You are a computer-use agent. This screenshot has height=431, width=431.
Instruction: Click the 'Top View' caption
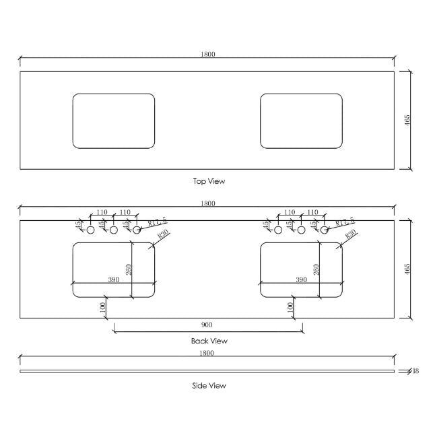coord(209,181)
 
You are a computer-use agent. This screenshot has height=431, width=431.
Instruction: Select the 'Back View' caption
coord(209,341)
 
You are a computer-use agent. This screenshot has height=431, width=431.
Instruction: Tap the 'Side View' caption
coord(209,386)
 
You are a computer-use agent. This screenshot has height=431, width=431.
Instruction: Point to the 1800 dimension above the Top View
coord(207,55)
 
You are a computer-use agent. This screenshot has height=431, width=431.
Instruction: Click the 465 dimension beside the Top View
coord(407,121)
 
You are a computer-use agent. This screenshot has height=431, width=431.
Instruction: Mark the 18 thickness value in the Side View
coord(416,371)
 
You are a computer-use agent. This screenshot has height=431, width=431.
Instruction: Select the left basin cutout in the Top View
coord(113,121)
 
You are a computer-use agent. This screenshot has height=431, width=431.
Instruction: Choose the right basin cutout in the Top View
coord(301,121)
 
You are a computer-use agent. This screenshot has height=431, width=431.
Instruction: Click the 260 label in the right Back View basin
coord(317,269)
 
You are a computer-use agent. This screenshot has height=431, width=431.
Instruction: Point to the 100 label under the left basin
coord(102,306)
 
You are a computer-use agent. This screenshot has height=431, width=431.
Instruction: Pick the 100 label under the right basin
coord(290,306)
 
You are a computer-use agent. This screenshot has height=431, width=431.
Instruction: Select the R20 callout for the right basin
coord(350,235)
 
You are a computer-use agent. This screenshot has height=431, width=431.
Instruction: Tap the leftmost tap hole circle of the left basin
coord(90,230)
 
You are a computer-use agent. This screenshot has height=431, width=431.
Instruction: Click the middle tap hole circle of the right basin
coord(301,230)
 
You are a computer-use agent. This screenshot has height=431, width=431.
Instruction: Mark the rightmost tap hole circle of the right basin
coord(324,230)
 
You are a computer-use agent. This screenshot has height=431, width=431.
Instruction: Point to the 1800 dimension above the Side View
coord(207,353)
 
